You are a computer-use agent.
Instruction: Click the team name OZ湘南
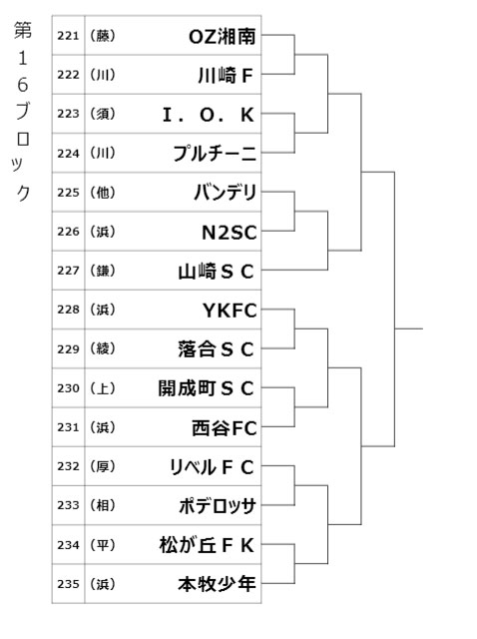(222, 37)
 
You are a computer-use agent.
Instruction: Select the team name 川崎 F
(226, 76)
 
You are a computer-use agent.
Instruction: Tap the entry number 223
(68, 114)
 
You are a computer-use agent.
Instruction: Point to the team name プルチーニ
(215, 154)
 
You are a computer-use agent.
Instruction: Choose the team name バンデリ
(226, 193)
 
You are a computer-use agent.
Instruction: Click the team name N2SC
(230, 233)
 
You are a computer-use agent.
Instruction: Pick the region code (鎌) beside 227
(103, 271)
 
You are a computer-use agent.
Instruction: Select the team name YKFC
(230, 311)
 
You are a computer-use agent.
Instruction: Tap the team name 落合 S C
(216, 349)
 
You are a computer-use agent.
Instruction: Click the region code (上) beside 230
(103, 388)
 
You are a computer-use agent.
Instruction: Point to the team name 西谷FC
(225, 428)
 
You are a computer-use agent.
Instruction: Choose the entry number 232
(68, 466)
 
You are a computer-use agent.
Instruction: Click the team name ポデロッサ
(218, 506)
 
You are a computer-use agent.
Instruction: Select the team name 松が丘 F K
(207, 545)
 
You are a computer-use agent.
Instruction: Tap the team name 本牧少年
(218, 584)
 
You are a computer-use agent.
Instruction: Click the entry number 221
(68, 36)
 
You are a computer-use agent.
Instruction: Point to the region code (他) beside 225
(103, 193)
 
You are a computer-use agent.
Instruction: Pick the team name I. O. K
(209, 115)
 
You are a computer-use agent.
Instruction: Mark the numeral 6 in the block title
(23, 85)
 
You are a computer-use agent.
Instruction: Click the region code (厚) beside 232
(103, 466)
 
